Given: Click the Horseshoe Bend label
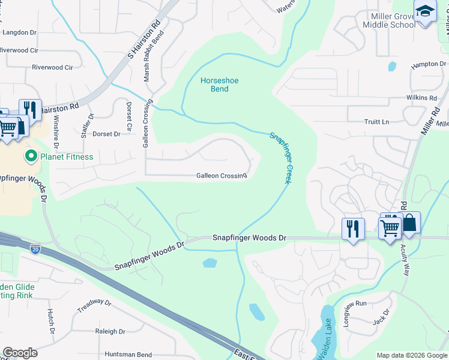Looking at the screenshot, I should click(x=214, y=85).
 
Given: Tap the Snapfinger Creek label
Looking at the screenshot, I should click(x=279, y=158).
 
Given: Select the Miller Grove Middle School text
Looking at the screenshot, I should click(x=388, y=20).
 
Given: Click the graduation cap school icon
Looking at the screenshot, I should click(x=425, y=12).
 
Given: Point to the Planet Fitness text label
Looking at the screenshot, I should click(x=66, y=157).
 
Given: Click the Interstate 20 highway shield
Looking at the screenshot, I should click(x=36, y=247).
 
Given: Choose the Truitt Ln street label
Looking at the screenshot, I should click(x=376, y=122).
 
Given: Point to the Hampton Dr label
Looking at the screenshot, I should click(x=428, y=64).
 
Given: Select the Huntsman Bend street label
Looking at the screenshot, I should click(x=128, y=355).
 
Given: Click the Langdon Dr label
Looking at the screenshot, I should click(x=20, y=32).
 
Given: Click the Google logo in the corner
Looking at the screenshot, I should click(x=20, y=352).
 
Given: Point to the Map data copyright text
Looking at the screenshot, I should click(x=411, y=355).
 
